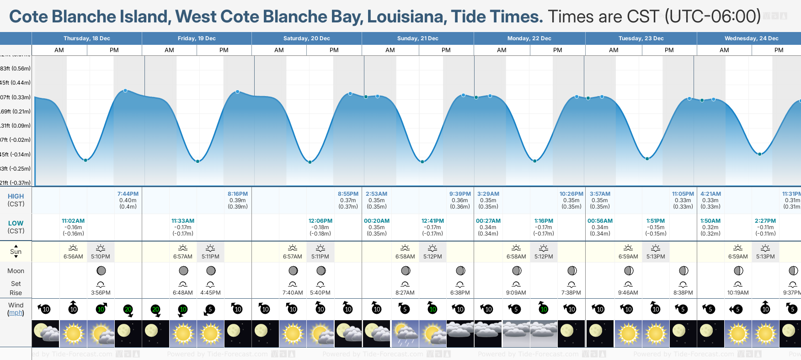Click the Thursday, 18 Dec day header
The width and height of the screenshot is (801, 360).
coord(86,38)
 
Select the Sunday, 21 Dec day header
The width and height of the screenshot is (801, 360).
coord(417,38)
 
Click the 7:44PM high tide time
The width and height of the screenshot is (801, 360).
coord(128,194)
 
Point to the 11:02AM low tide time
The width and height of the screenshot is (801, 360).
coord(73,221)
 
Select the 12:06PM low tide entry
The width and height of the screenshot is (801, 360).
coord(320,221)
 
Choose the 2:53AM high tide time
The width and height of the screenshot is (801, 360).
coord(376,194)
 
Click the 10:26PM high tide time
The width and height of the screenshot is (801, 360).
coord(571,194)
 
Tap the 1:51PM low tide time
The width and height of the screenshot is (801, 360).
coord(656,221)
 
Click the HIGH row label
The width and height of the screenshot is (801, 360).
coord(16,196)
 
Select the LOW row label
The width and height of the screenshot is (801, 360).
coord(16,223)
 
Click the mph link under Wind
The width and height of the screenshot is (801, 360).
coord(16,313)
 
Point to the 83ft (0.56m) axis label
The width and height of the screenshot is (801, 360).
coord(15,69)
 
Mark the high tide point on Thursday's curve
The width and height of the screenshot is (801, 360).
coord(125,91)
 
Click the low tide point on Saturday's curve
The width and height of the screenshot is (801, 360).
coord(310,162)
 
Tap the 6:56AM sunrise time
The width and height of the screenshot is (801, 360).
coord(73,257)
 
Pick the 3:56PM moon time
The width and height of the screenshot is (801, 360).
coord(101,293)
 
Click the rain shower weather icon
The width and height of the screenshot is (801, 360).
coord(405,334)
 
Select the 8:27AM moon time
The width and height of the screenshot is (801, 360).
coord(405,293)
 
